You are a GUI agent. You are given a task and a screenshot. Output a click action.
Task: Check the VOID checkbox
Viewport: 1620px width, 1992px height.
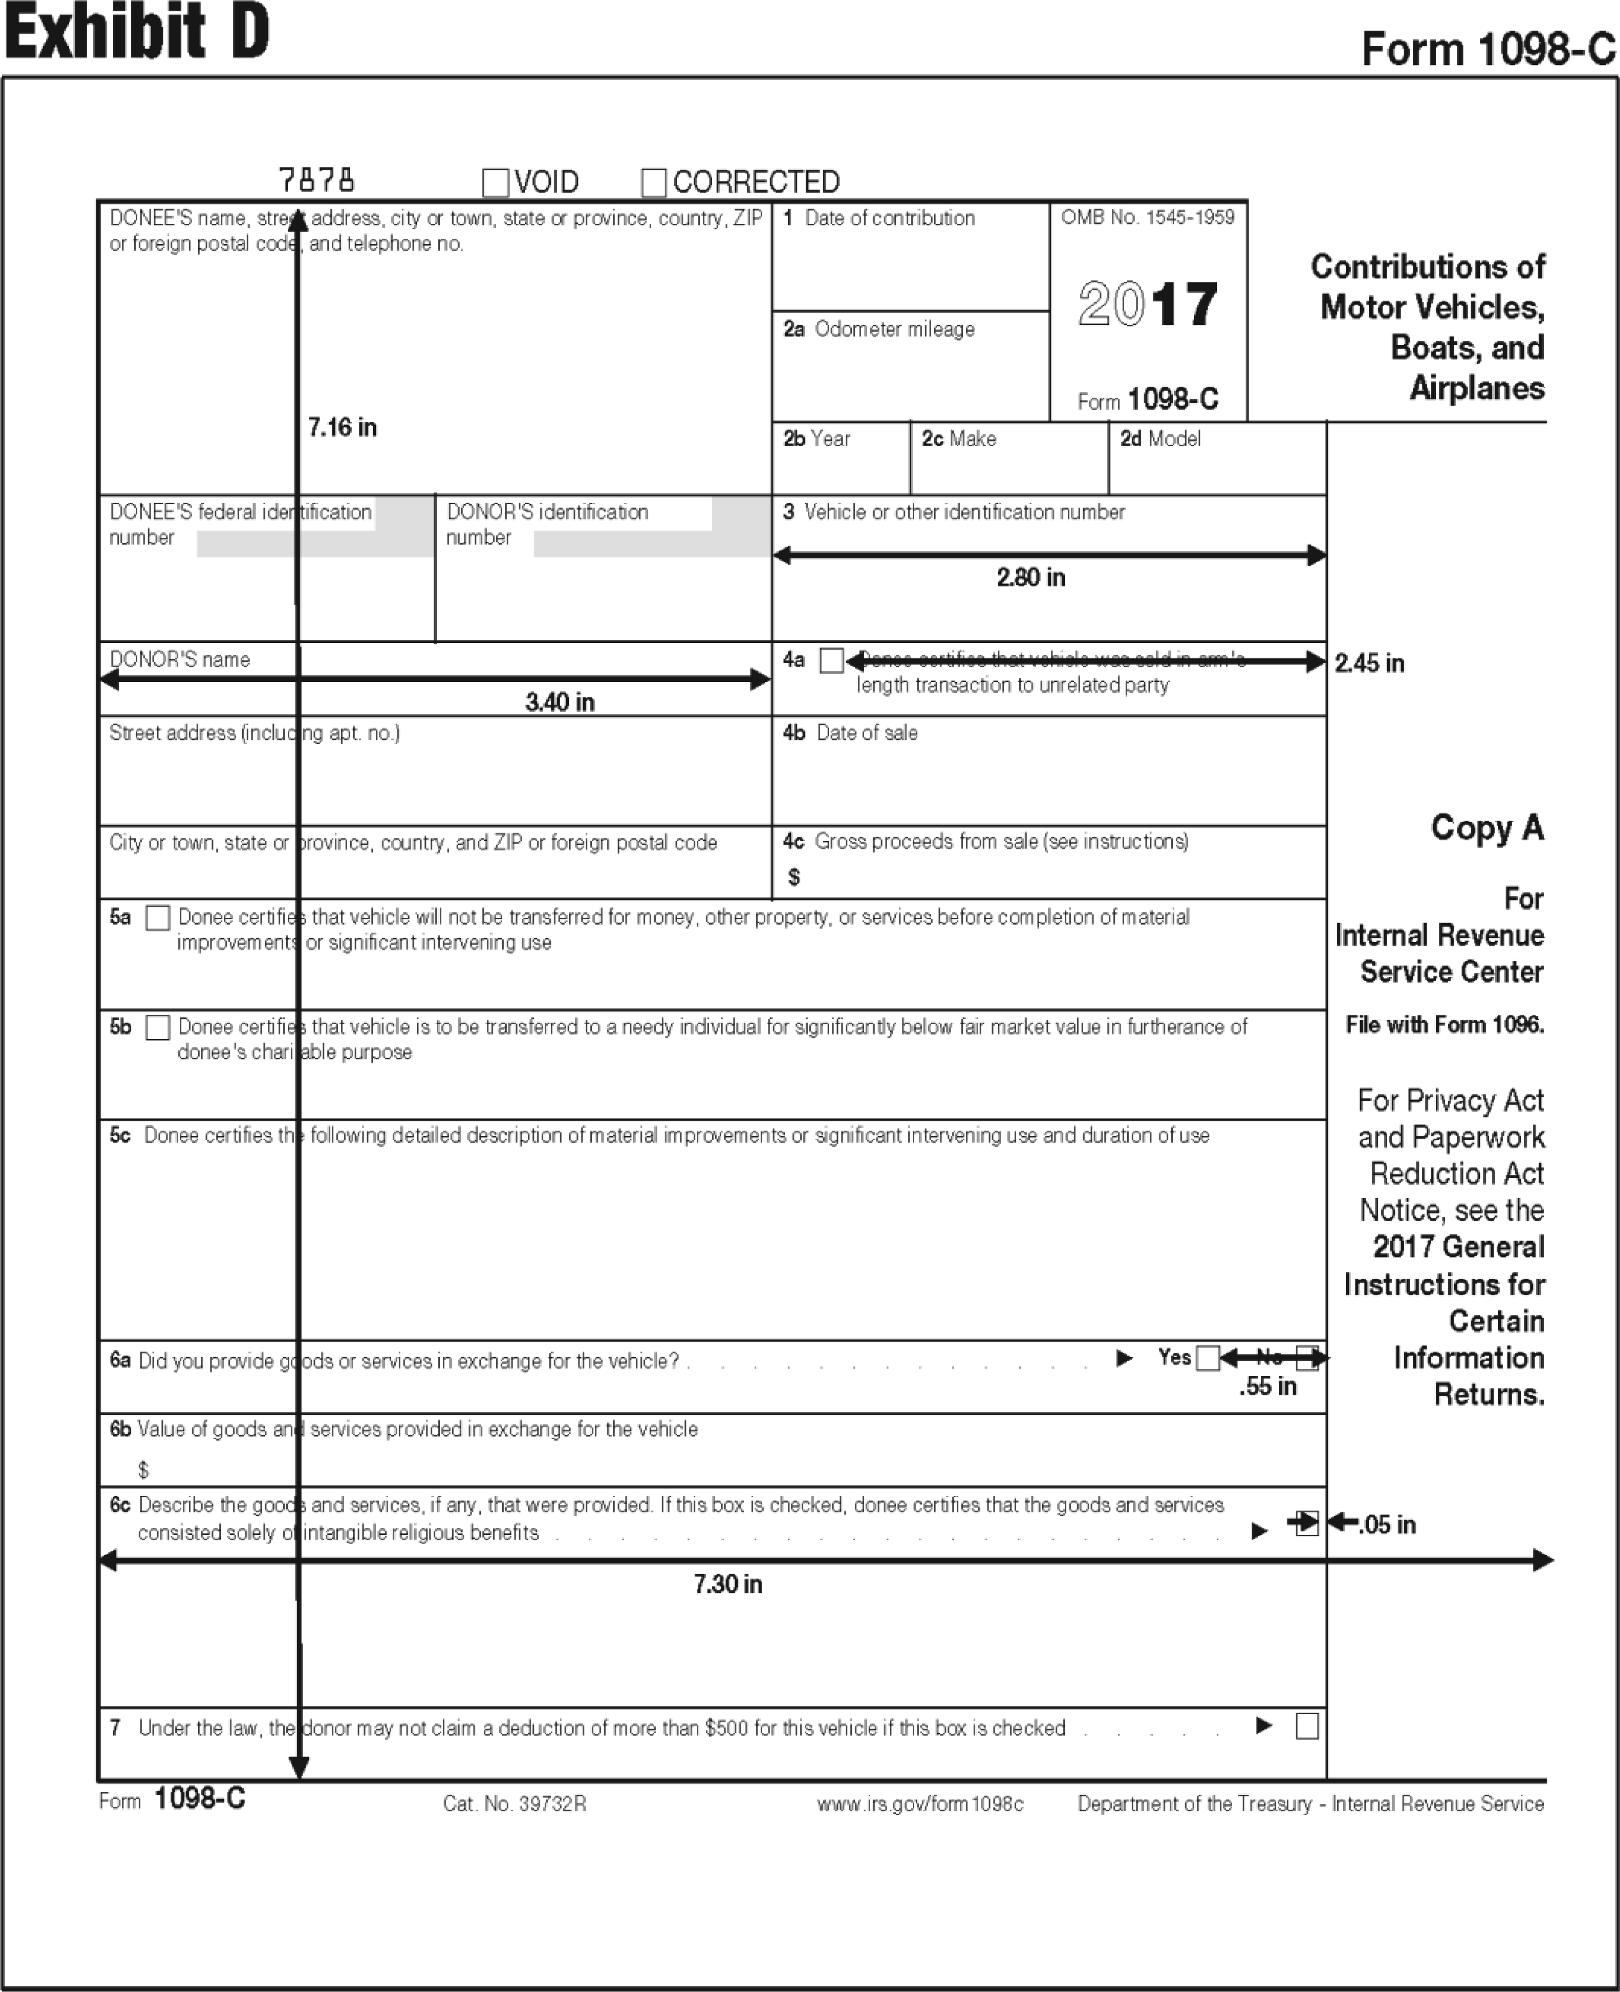tap(496, 182)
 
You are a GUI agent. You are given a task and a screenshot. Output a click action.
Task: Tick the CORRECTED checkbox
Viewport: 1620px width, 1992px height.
tap(654, 182)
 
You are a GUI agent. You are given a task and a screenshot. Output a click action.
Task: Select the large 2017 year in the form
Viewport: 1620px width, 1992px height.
tap(1148, 304)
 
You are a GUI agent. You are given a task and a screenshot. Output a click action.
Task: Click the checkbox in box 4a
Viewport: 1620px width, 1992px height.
tap(832, 661)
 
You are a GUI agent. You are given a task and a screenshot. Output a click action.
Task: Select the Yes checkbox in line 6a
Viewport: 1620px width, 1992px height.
tap(1207, 1358)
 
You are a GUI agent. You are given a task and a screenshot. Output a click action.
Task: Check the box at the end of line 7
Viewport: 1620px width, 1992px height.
tap(1307, 1727)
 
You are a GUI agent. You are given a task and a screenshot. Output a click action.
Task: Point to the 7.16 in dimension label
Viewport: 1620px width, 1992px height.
tap(343, 427)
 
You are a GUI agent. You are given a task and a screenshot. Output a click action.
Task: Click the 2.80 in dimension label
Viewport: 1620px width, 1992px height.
tap(1030, 577)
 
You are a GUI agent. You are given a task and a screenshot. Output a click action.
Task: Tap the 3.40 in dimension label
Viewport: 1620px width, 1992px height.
tap(560, 702)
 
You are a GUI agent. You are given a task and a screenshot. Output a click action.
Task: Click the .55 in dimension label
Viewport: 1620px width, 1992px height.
tap(1268, 1386)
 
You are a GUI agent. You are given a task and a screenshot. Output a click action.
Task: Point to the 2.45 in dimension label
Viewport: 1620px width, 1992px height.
tap(1369, 663)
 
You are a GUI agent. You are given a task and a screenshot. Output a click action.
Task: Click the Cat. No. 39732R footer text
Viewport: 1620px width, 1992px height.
tap(514, 1803)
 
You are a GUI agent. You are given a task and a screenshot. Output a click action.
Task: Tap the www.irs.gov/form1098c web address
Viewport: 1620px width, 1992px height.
tap(920, 1803)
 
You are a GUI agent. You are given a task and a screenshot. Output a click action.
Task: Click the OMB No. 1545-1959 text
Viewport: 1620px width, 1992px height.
tap(1148, 217)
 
